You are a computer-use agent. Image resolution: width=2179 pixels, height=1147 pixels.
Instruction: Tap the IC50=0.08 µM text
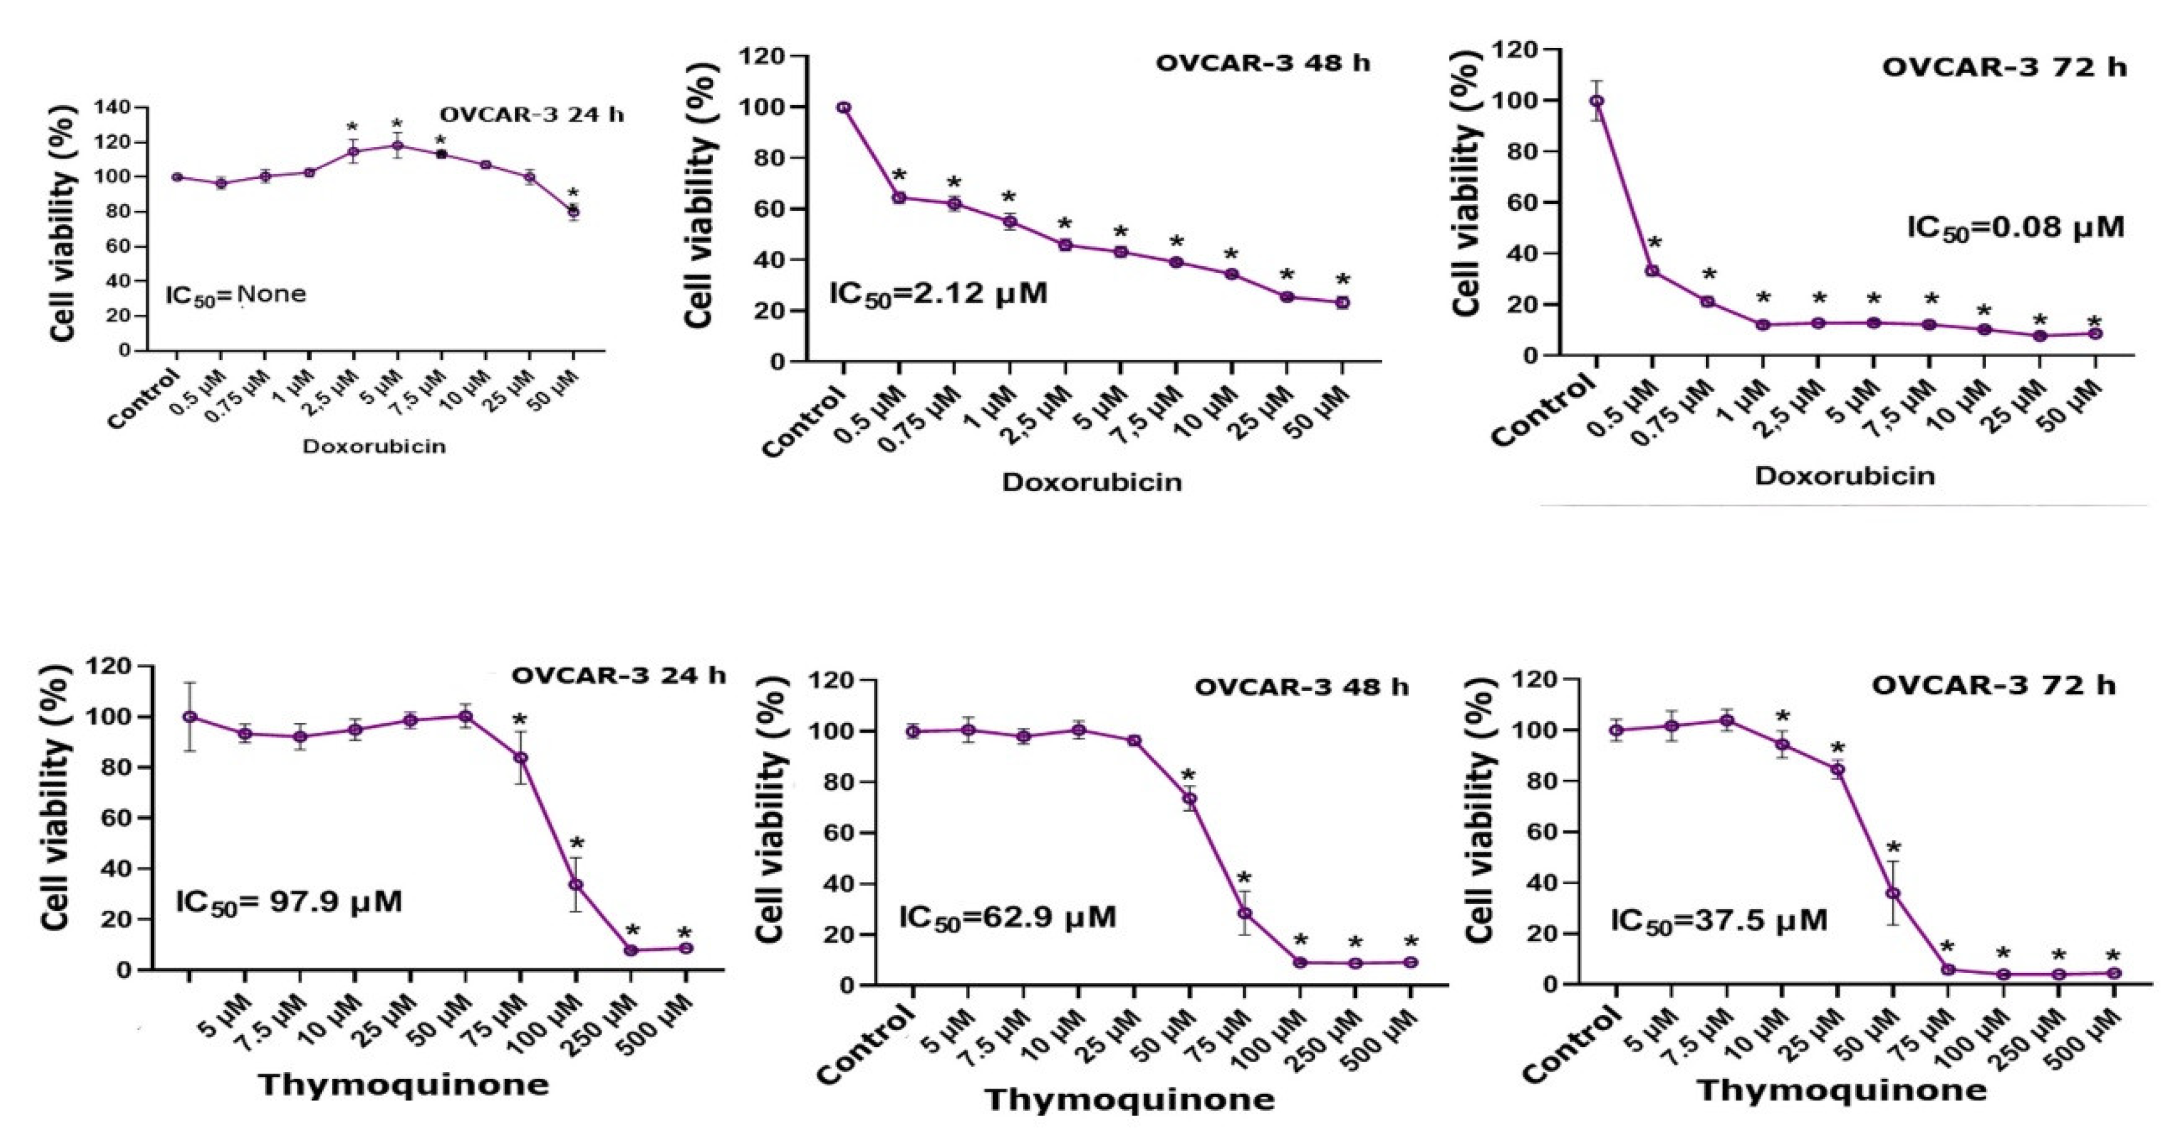[x=2014, y=229]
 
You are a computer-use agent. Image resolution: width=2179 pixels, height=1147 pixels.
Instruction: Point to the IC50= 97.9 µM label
[x=288, y=902]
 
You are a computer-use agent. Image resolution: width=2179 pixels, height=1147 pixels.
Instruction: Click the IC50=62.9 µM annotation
[x=1007, y=917]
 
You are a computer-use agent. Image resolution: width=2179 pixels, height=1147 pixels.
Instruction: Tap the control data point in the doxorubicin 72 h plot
[x=1596, y=101]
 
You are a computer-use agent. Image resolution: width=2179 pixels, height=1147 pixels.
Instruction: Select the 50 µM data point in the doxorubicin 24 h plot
[x=573, y=211]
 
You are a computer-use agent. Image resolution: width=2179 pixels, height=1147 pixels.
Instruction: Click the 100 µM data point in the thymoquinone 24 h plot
[x=576, y=885]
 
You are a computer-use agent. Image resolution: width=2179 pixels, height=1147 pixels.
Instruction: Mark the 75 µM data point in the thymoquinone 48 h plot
[x=1244, y=913]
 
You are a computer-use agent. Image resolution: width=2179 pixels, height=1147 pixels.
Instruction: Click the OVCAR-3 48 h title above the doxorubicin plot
[x=1263, y=63]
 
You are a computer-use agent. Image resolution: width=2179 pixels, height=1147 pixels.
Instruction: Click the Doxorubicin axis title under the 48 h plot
[x=1091, y=482]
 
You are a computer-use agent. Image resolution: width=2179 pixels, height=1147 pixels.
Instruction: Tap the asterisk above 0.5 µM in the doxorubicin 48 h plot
[x=899, y=176]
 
